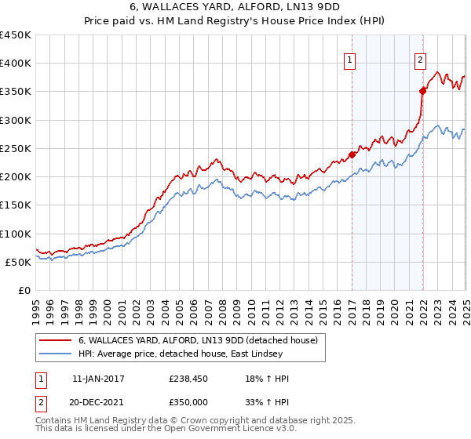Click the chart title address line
coord(235,8)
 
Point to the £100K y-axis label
coord(16,234)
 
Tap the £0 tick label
coord(24,291)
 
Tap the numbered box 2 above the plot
coord(421,58)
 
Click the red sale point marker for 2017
coord(352,154)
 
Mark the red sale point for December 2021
coord(422,91)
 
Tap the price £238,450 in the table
coord(188,379)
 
